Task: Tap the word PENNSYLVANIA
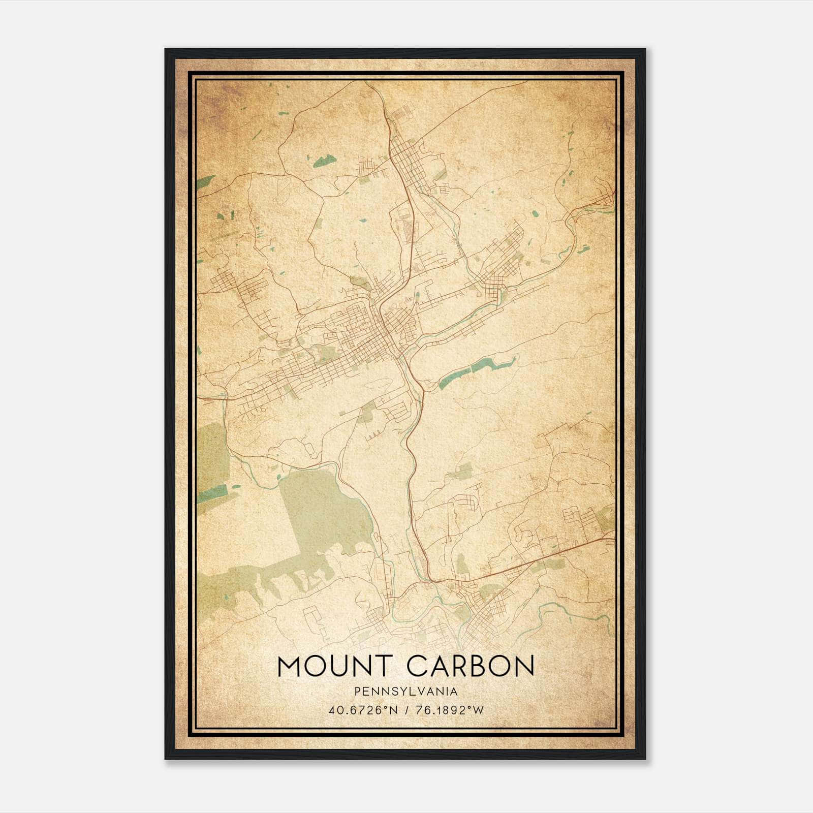(406, 692)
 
